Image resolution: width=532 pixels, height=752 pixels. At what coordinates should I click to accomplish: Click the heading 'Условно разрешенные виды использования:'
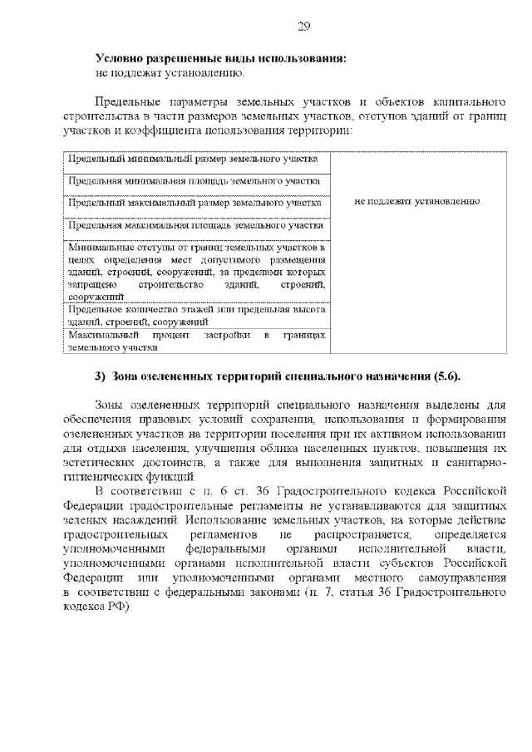(x=220, y=59)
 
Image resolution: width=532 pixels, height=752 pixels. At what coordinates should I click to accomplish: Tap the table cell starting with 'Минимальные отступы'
(x=196, y=271)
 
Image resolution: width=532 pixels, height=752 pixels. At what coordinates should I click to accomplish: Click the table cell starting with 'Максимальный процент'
(x=196, y=342)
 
